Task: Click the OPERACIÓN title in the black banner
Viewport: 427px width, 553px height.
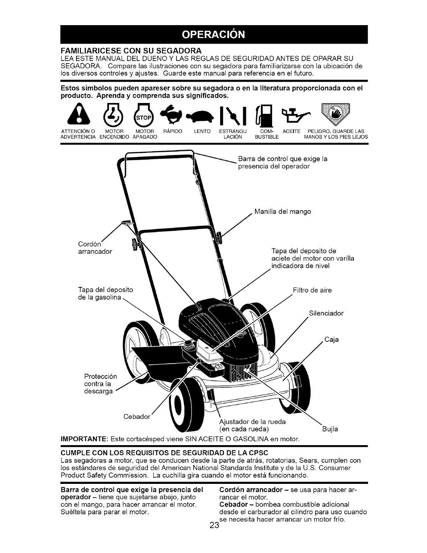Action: (213, 35)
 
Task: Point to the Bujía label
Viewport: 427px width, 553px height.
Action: (330, 429)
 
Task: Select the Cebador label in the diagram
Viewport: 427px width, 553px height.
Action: (137, 417)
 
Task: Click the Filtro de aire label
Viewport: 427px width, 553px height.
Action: (312, 290)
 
